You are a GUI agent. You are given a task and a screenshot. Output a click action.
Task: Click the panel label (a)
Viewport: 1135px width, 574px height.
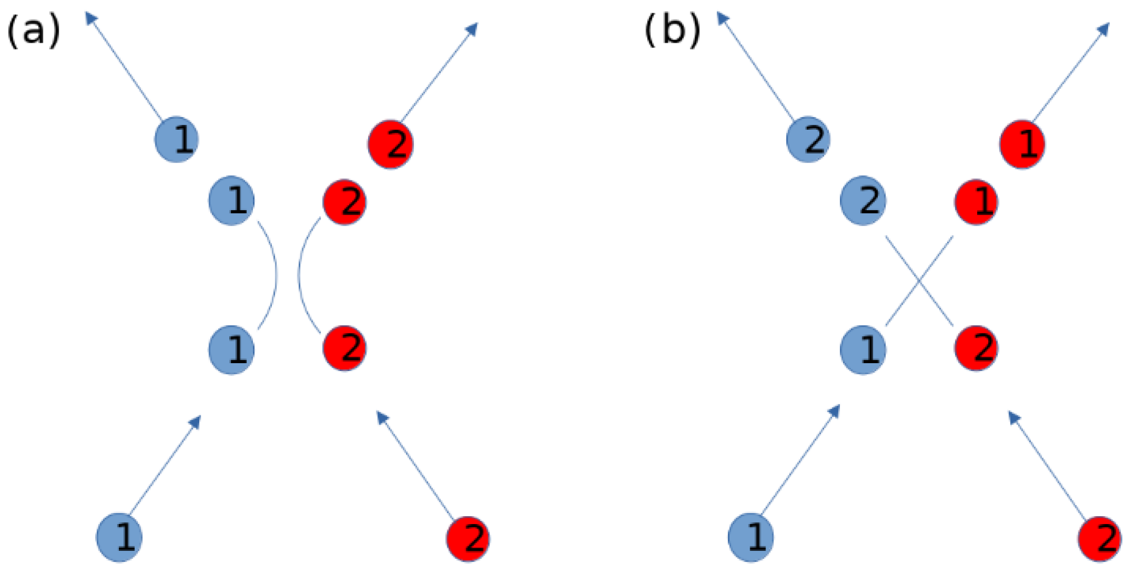[34, 30]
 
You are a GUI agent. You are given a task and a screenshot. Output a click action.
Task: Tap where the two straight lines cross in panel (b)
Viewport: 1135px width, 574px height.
[919, 281]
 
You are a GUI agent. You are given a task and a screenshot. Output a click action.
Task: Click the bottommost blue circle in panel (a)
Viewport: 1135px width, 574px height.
[119, 537]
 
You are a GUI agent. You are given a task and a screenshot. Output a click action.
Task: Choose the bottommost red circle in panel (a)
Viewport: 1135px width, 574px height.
[469, 539]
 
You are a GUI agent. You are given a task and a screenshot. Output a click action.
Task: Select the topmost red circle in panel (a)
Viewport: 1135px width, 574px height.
[391, 144]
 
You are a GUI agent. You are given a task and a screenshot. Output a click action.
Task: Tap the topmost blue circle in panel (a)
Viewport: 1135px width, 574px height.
[177, 139]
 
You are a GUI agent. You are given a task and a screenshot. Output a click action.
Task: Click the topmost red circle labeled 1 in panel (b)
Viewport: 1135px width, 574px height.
[1022, 144]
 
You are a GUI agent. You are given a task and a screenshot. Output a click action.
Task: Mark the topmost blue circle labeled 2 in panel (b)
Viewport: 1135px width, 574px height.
[809, 139]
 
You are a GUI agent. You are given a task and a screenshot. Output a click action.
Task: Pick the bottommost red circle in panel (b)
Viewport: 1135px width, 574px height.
[1100, 539]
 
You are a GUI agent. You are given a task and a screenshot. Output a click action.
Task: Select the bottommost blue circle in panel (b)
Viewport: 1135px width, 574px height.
[751, 537]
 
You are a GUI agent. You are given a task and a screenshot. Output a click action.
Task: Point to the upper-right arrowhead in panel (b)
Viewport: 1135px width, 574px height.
[1104, 28]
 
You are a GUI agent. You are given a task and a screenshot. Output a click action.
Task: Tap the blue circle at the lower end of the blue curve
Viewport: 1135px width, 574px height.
[232, 350]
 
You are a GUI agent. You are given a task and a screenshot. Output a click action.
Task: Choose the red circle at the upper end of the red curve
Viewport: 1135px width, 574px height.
[344, 202]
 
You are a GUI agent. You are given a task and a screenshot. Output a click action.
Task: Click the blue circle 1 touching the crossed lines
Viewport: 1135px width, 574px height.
[863, 350]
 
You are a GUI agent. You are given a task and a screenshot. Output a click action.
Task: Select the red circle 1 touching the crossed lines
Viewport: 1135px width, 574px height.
[976, 202]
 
